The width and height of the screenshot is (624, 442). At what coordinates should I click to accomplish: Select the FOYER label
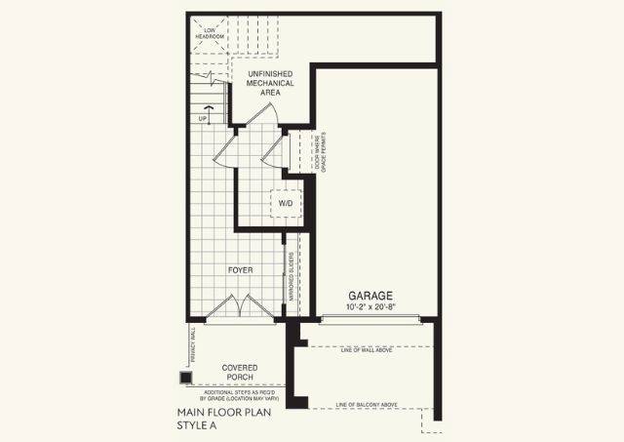tap(242, 269)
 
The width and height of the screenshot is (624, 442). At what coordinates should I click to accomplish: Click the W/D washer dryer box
tap(286, 203)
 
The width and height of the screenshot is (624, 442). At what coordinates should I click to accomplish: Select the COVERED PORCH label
tap(239, 374)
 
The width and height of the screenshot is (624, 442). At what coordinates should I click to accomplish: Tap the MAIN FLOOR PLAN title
tap(217, 413)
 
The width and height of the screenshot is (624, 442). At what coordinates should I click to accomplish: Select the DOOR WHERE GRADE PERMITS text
tap(319, 151)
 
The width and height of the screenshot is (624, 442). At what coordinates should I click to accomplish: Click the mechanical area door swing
tap(261, 113)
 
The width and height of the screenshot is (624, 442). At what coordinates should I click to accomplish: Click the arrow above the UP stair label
tap(205, 108)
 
